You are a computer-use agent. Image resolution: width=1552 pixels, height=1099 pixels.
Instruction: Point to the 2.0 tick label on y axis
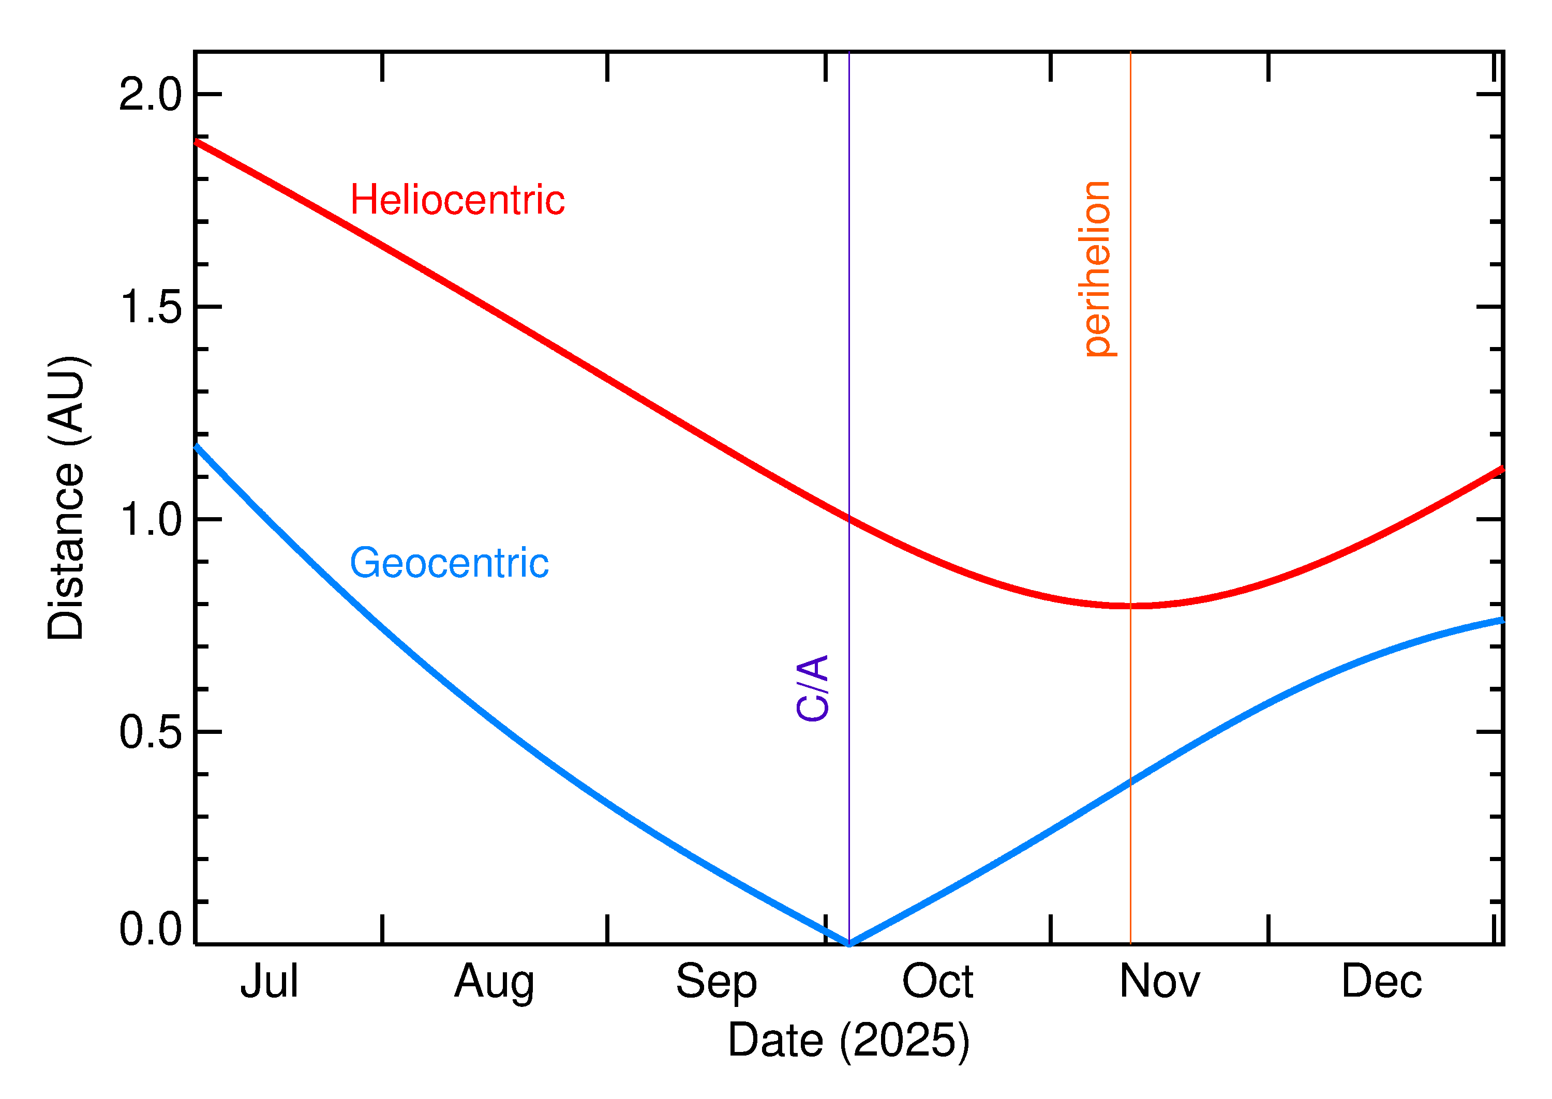(x=150, y=95)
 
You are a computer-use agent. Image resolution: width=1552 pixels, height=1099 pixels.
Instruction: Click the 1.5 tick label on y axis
(x=150, y=307)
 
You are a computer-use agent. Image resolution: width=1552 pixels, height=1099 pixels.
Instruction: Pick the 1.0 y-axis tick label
(x=150, y=520)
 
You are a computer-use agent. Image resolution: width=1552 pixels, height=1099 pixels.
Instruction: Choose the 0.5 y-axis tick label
(x=150, y=732)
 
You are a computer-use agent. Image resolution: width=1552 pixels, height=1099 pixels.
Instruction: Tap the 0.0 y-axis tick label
(x=150, y=928)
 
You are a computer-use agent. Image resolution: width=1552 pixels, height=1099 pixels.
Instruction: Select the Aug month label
(x=494, y=982)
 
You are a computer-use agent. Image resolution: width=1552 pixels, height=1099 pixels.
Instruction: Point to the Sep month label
(x=715, y=982)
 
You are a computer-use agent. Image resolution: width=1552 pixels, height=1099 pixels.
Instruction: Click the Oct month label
(x=937, y=982)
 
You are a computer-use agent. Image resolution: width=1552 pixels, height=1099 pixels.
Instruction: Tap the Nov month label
(x=1159, y=982)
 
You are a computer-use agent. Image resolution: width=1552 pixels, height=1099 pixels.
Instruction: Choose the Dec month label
(x=1381, y=982)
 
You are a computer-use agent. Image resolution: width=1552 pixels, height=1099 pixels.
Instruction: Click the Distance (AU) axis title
(x=66, y=498)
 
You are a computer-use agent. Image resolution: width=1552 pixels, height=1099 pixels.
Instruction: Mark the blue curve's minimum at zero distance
(x=849, y=943)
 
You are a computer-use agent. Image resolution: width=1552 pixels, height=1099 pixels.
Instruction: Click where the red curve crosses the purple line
(x=849, y=519)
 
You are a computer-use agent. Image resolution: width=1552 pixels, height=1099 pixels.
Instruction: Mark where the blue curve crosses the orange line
(x=1130, y=781)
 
